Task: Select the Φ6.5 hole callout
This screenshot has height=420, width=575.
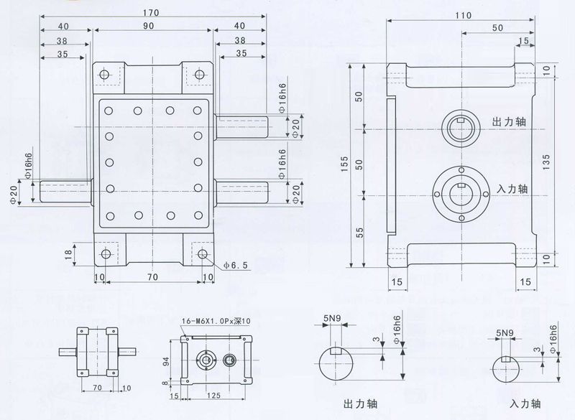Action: [236, 265]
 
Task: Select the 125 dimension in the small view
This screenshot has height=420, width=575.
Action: [213, 394]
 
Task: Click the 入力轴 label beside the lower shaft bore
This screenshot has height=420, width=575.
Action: [512, 190]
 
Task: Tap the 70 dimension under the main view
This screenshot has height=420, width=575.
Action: [152, 276]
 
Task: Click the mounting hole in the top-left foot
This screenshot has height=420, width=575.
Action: [104, 74]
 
